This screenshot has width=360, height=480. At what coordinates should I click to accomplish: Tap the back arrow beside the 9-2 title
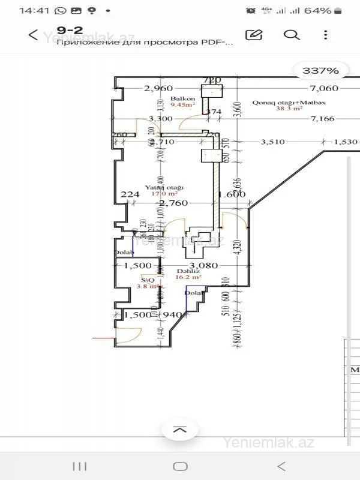[x=34, y=35]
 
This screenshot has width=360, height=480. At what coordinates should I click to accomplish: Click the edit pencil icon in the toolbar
[x=254, y=35]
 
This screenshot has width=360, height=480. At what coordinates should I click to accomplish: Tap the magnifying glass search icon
[x=292, y=35]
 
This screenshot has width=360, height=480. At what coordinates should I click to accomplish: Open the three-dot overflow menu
[x=326, y=35]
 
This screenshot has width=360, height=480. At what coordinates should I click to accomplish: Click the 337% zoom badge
[x=320, y=71]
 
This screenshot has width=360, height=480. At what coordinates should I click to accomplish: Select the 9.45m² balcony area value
[x=182, y=105]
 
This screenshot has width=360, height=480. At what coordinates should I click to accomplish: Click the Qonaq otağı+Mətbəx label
[x=289, y=103]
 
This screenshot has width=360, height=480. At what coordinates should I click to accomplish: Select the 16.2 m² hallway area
[x=188, y=278]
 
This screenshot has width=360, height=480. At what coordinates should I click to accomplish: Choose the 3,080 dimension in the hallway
[x=203, y=265]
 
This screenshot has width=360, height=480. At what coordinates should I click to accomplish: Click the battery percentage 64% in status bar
[x=318, y=11]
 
